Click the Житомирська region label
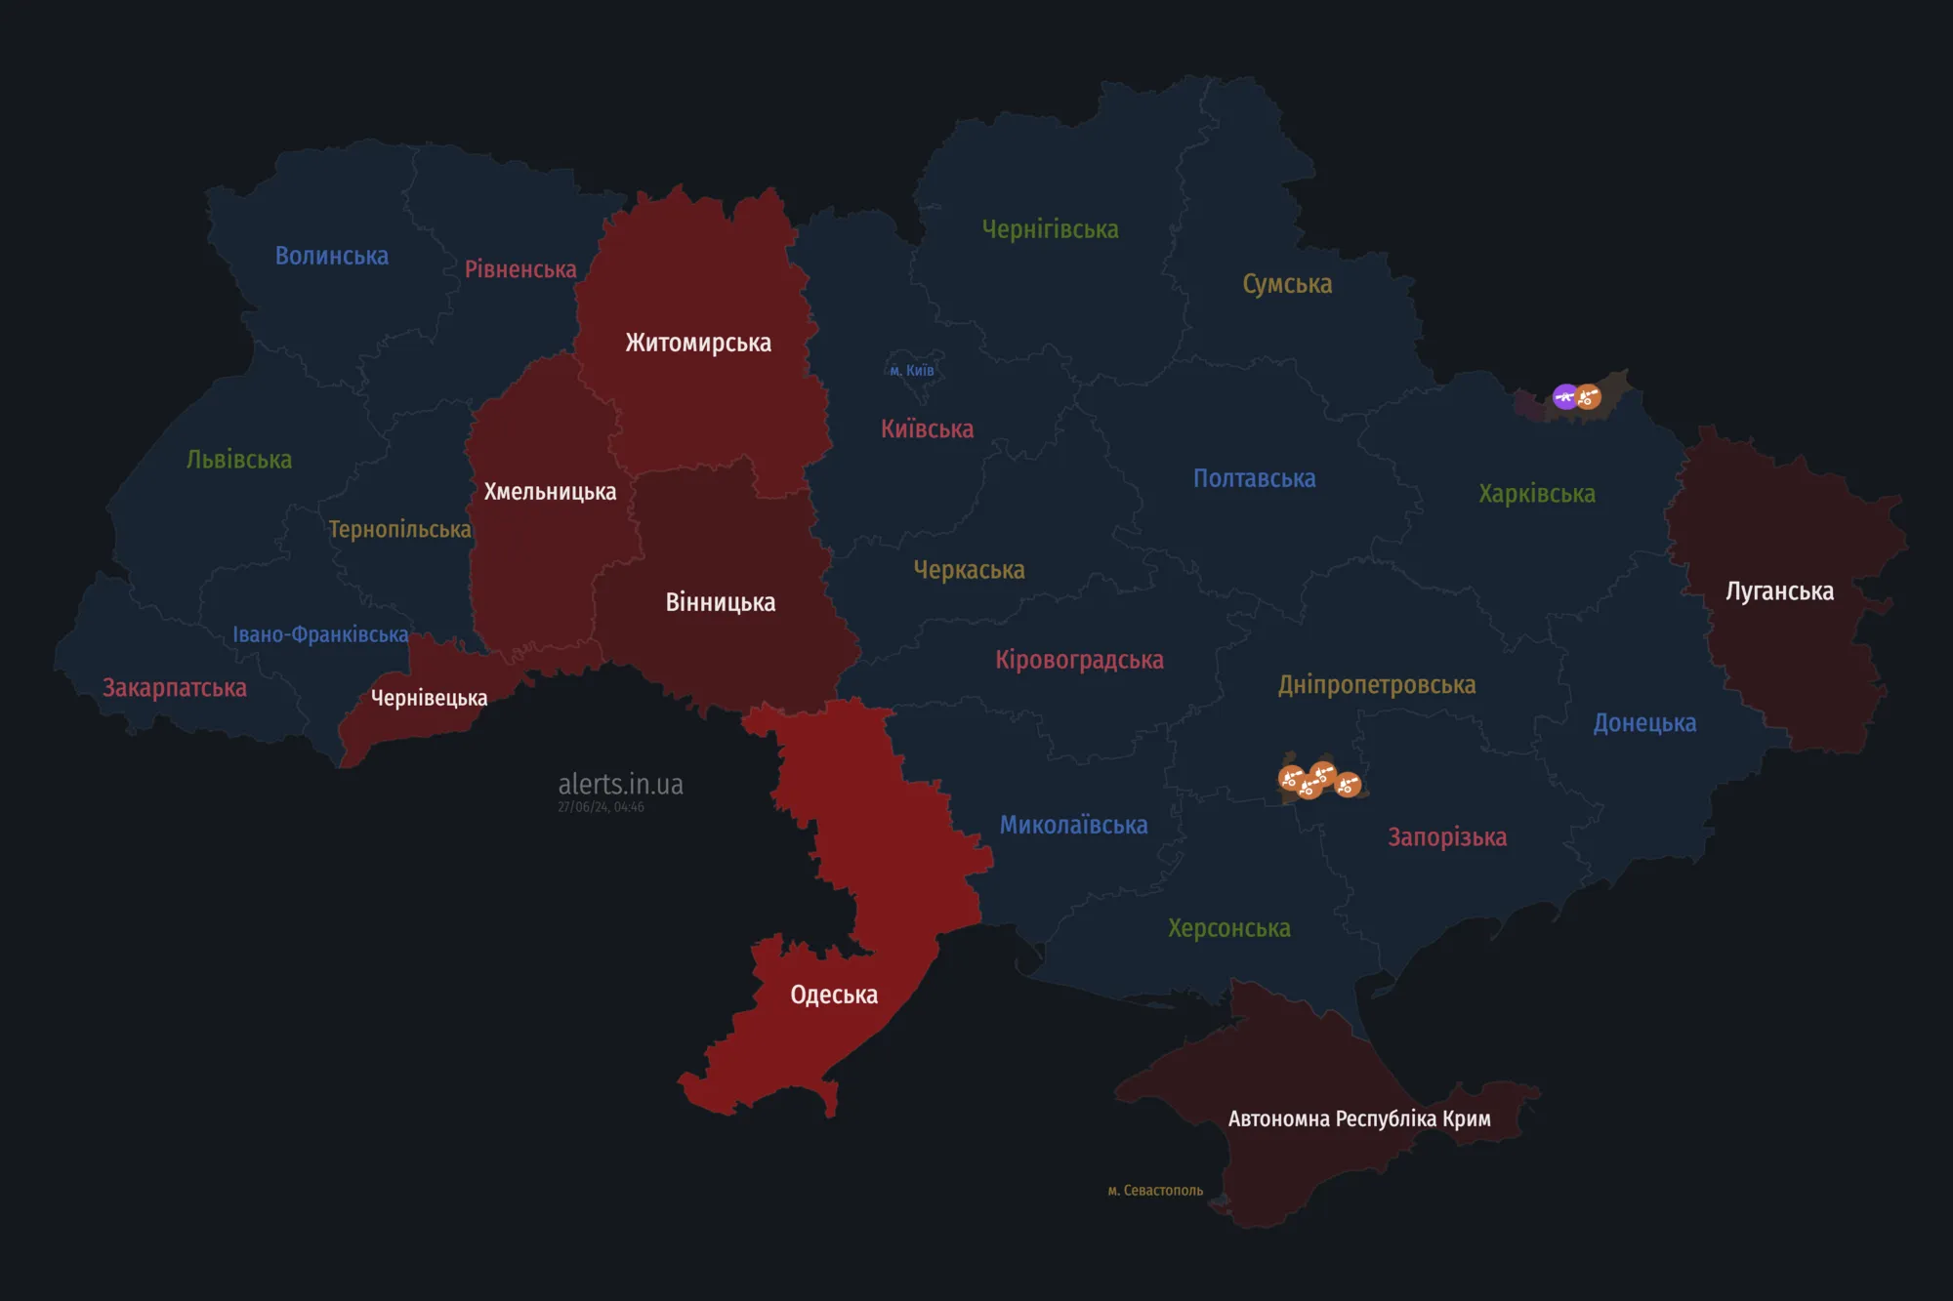click(698, 343)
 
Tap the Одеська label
click(834, 995)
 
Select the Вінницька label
click(721, 602)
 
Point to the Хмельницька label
click(550, 492)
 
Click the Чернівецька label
click(429, 698)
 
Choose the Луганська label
click(1779, 591)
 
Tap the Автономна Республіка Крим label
click(1359, 1118)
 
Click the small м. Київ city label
click(912, 371)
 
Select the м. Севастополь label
click(1155, 1191)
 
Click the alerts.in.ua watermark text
click(620, 784)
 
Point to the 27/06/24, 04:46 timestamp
click(601, 807)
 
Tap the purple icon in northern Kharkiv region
click(1565, 396)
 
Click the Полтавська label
click(1254, 478)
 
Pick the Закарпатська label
click(175, 688)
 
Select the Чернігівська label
click(1050, 229)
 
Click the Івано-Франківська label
click(320, 634)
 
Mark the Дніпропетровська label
click(1377, 685)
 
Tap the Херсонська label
click(1228, 928)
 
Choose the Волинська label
click(332, 256)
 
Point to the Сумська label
click(1287, 284)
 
